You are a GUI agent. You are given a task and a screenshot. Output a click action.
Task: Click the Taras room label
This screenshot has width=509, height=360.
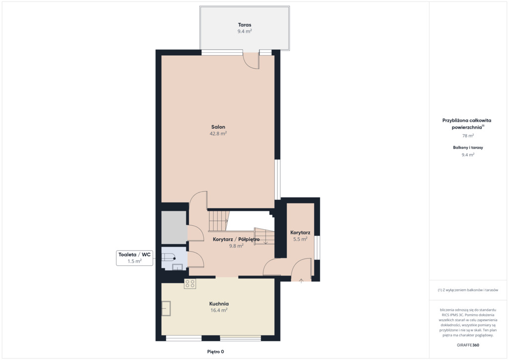[x=245, y=25]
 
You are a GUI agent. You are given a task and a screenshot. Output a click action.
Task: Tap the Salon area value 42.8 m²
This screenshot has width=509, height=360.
[x=218, y=133]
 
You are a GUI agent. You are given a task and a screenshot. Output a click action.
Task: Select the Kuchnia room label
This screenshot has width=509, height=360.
[x=219, y=304]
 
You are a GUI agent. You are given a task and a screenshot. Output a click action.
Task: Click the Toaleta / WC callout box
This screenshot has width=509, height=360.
[x=134, y=258]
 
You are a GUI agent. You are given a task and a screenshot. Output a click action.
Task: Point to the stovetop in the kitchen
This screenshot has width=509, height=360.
[x=190, y=284]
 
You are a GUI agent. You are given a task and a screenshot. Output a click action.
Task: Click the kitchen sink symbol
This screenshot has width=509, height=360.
[x=166, y=308]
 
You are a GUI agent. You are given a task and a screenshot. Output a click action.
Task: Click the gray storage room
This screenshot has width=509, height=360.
[x=174, y=227]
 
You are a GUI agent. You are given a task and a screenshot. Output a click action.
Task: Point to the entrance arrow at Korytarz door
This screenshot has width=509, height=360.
[x=301, y=281]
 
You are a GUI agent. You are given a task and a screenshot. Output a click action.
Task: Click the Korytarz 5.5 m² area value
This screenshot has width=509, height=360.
[x=300, y=239]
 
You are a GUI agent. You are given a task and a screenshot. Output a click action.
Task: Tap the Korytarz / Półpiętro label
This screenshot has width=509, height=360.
[x=236, y=239]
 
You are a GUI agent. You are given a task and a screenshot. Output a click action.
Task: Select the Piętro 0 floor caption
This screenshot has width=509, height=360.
[x=216, y=352]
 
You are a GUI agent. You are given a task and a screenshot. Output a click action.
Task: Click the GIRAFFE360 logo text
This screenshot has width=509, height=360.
[x=468, y=345]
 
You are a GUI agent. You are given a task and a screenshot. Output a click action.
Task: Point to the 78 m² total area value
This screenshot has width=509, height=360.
[x=468, y=136]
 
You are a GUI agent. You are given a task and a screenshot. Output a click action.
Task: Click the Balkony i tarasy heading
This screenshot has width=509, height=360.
[x=468, y=147]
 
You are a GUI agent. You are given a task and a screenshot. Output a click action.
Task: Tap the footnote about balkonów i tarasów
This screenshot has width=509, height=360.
[x=468, y=290]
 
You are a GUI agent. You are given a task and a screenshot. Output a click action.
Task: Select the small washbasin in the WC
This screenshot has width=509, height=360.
[x=177, y=267]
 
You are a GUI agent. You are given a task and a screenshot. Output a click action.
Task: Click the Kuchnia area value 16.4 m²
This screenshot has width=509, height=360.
[x=219, y=310]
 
